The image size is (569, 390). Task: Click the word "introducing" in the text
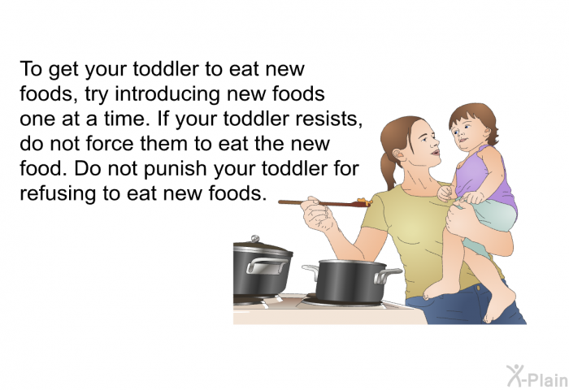tap(167, 95)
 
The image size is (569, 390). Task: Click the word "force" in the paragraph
tap(111, 143)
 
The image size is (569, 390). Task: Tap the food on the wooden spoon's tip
tap(364, 201)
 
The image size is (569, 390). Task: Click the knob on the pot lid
tap(255, 238)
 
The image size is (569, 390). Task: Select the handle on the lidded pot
tap(267, 266)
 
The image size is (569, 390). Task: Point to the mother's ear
tap(398, 155)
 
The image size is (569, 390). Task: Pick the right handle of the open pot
tap(388, 275)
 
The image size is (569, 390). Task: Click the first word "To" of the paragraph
tap(31, 69)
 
